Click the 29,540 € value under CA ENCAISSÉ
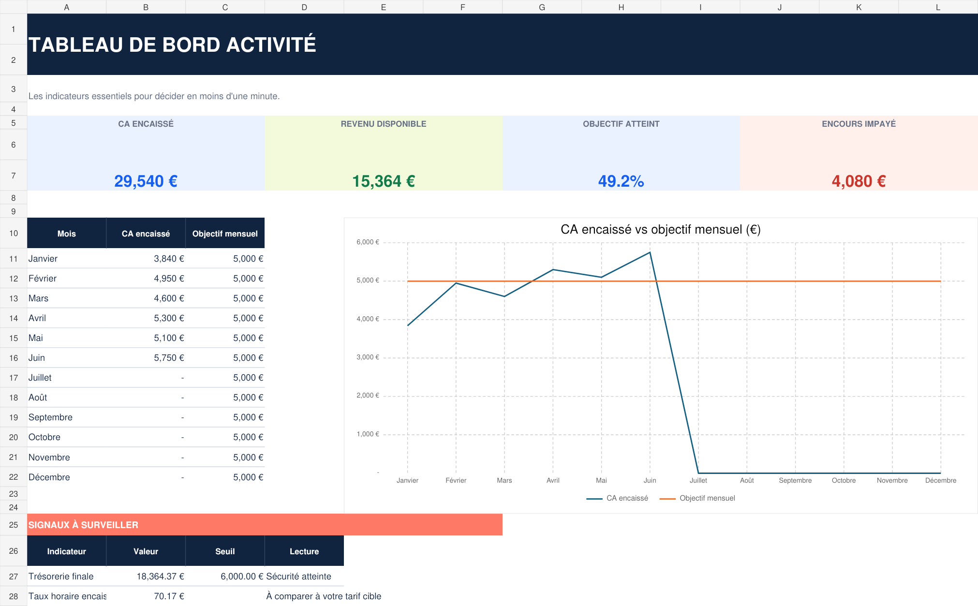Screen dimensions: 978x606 coord(146,181)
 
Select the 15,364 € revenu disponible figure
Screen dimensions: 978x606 coord(384,181)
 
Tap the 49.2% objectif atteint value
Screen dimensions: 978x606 coord(621,181)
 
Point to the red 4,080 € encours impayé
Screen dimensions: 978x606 coord(859,181)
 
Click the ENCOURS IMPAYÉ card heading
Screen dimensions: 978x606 coord(859,124)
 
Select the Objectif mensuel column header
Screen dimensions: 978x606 coord(225,234)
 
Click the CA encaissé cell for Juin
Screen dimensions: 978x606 coord(169,358)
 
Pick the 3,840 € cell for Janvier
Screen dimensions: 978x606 coord(169,259)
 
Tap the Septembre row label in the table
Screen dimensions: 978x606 coord(50,417)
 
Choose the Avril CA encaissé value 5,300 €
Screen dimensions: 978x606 coord(169,318)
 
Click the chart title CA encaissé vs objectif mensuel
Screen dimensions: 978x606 coord(660,229)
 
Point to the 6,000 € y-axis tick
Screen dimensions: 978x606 coord(368,242)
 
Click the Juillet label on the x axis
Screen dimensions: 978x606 coord(698,480)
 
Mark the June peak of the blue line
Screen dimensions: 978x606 coord(650,252)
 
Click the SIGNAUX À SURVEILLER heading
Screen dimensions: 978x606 coord(83,525)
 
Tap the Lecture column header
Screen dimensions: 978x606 coord(304,551)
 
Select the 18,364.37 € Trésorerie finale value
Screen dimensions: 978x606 coord(160,576)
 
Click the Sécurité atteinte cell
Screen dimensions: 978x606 coord(298,576)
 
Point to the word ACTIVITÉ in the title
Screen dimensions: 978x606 coord(271,45)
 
